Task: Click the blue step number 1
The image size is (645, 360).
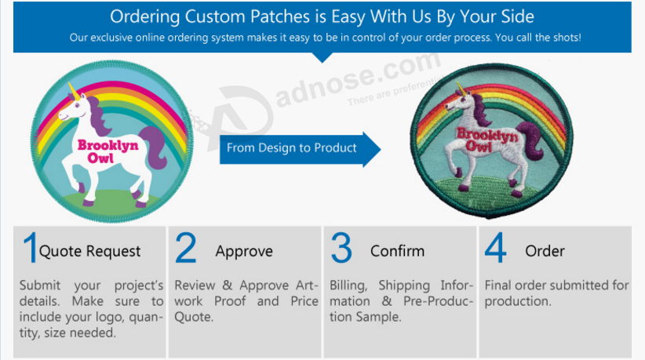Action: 30,247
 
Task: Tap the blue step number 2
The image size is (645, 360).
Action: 185,247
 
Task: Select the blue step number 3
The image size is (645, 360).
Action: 341,247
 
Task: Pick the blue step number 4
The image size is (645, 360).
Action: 496,247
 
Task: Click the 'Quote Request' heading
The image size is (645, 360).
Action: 90,251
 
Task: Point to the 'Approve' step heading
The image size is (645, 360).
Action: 244,251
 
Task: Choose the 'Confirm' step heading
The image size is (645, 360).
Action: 397,251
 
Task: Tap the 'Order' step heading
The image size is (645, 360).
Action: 545,251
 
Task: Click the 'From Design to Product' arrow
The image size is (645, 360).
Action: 301,149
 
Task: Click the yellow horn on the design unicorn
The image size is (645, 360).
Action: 74,92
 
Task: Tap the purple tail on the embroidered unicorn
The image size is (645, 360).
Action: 531,140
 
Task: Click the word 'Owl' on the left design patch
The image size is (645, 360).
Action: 100,158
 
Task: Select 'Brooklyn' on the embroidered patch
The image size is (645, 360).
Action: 487,134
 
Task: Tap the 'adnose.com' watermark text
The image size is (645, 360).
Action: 357,80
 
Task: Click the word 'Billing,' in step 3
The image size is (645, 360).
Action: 348,285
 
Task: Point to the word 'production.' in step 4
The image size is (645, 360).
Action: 517,302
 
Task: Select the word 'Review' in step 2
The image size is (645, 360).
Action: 195,285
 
